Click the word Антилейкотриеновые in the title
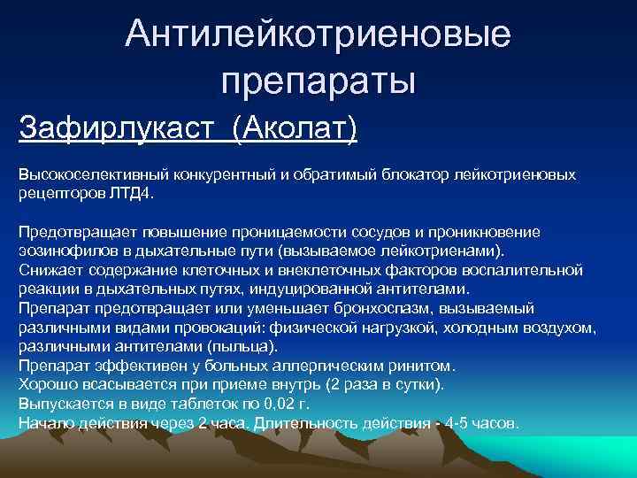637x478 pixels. point(318,35)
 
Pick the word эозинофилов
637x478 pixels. point(63,250)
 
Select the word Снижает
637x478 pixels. point(47,268)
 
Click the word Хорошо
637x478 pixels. point(47,384)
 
